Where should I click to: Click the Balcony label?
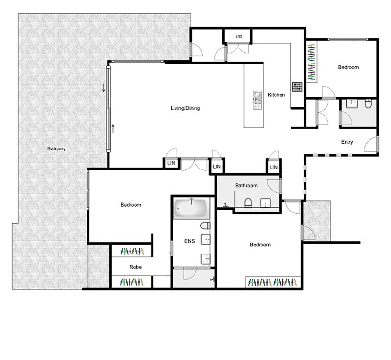pos(56,148)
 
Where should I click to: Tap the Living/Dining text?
pos(185,108)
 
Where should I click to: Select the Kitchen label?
pos(276,95)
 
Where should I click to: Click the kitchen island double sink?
pos(257,100)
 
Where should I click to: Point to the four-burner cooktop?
pos(297,86)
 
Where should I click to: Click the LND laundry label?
pos(239,36)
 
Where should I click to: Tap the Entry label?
pos(347,142)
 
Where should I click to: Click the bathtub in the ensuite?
pos(191,208)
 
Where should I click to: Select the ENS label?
pos(189,241)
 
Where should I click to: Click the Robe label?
pos(136,267)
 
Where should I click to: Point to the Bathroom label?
pos(246,185)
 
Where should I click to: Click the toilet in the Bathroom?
pos(248,203)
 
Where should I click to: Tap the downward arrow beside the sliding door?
pos(104,87)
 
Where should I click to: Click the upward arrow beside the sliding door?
pos(113,128)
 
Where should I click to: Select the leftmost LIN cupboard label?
pos(171,163)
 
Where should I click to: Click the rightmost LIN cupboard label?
pos(274,167)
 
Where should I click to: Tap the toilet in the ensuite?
pos(205,226)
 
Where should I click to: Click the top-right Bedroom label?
pos(348,67)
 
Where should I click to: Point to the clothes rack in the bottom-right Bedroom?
pos(273,282)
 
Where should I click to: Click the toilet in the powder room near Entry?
pos(368,104)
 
